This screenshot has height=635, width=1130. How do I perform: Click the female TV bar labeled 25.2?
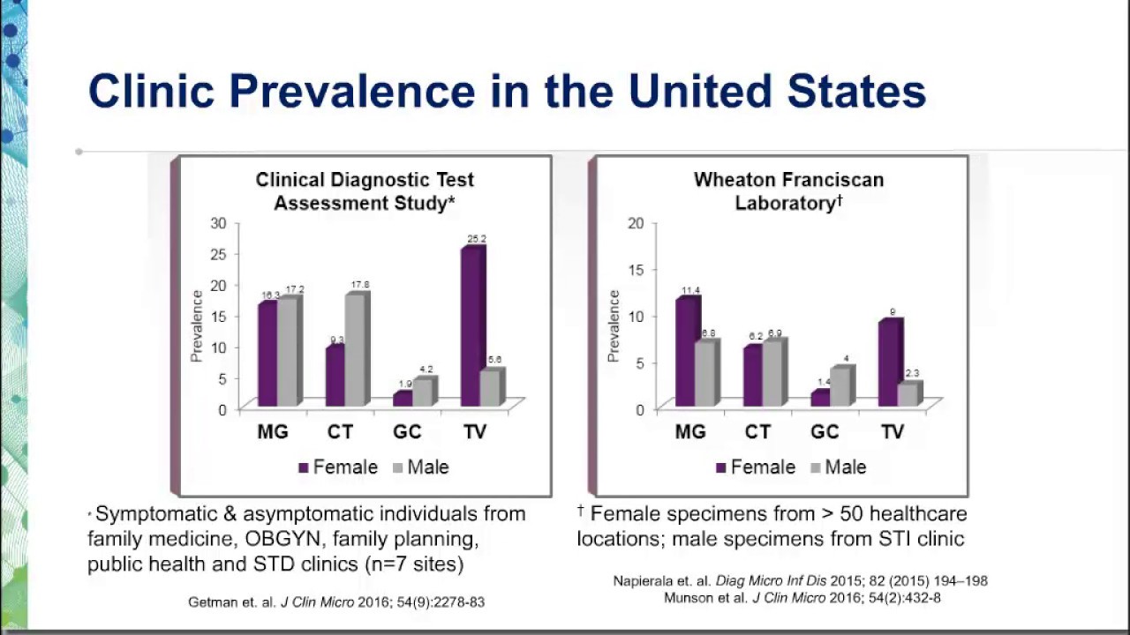click(x=472, y=327)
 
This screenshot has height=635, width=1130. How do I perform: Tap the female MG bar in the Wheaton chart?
click(x=686, y=352)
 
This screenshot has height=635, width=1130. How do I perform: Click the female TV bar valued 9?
click(x=889, y=363)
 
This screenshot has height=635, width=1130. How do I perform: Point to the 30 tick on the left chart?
click(x=218, y=222)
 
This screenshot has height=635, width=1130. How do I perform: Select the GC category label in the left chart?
click(x=407, y=432)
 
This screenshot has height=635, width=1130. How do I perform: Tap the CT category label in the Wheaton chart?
click(x=757, y=432)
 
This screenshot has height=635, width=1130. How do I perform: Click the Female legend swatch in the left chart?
click(x=305, y=468)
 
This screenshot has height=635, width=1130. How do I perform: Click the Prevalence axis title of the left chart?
click(x=198, y=325)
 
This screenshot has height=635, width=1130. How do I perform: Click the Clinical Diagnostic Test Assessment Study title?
click(x=365, y=190)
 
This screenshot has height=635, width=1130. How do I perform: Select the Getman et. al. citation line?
click(x=336, y=601)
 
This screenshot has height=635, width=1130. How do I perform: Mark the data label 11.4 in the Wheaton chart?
click(x=689, y=290)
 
